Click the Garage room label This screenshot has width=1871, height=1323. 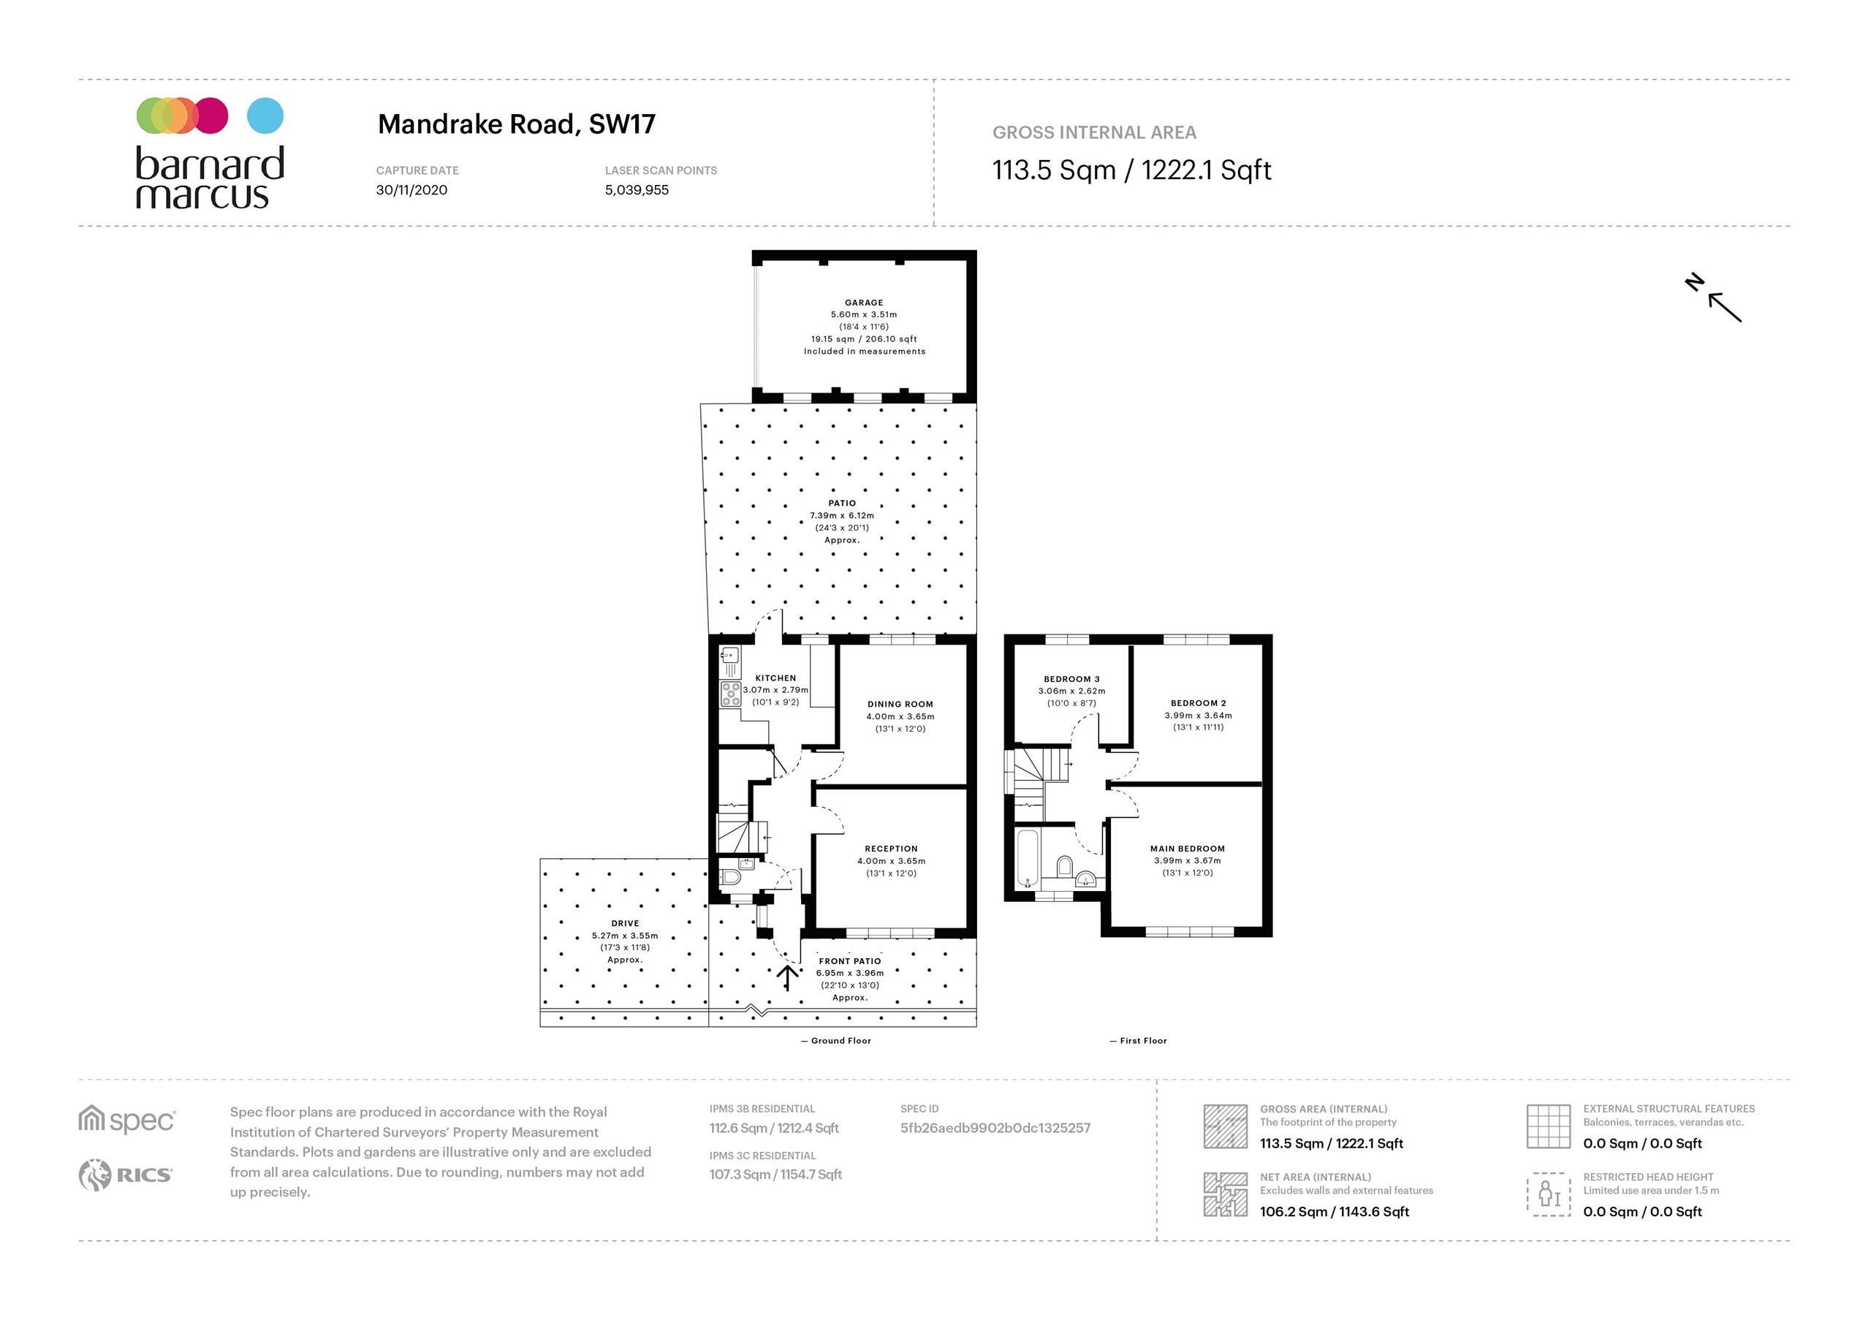pyautogui.click(x=864, y=303)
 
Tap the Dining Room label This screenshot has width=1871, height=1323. pyautogui.click(x=900, y=705)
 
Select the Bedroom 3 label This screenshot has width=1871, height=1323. pyautogui.click(x=1071, y=679)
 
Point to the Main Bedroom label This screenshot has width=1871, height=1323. pyautogui.click(x=1188, y=849)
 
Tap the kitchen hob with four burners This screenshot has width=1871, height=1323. pyautogui.click(x=730, y=694)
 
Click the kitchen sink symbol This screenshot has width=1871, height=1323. pyautogui.click(x=729, y=655)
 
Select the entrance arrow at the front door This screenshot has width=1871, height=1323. pyautogui.click(x=787, y=977)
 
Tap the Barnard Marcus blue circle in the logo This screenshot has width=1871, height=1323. pyautogui.click(x=265, y=115)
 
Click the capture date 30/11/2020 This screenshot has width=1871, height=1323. pyautogui.click(x=411, y=190)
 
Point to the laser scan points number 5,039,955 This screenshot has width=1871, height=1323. pyautogui.click(x=637, y=190)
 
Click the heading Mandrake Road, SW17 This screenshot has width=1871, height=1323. pyautogui.click(x=517, y=124)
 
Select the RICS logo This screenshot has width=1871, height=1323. pyautogui.click(x=126, y=1175)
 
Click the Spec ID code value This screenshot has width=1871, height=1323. pyautogui.click(x=995, y=1128)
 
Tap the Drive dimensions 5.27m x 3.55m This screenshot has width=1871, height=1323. pyautogui.click(x=624, y=936)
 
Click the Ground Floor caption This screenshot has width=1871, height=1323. pyautogui.click(x=840, y=1041)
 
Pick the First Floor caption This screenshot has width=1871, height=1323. pyautogui.click(x=1142, y=1041)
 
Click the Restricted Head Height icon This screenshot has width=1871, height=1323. pyautogui.click(x=1547, y=1194)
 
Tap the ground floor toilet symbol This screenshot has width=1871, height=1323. pyautogui.click(x=730, y=878)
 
